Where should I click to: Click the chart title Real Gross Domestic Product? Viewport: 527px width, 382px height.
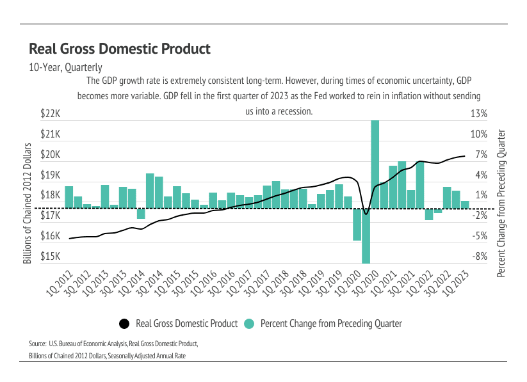[120, 49]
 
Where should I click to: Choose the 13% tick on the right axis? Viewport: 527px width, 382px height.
[480, 114]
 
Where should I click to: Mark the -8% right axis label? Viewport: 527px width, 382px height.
[480, 257]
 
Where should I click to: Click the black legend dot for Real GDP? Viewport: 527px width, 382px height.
[124, 323]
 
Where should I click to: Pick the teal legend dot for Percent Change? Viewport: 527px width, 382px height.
[249, 323]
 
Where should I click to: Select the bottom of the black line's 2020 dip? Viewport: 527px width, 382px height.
[366, 213]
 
